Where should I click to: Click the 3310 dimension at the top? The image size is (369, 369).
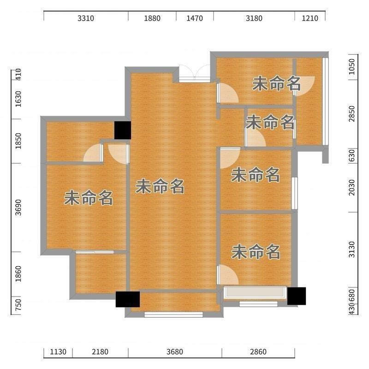click(x=86, y=18)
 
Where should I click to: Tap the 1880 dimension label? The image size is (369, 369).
click(x=152, y=18)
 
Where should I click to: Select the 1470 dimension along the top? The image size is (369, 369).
click(x=195, y=18)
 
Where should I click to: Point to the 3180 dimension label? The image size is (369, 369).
click(x=254, y=18)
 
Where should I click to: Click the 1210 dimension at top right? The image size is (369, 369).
click(x=310, y=18)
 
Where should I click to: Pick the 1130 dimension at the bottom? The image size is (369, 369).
click(x=58, y=352)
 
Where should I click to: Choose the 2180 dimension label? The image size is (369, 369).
click(x=100, y=352)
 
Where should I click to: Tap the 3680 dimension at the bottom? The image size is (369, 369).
click(x=175, y=352)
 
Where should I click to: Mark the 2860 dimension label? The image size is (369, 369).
click(x=258, y=352)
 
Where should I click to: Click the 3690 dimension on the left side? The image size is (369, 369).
click(x=18, y=207)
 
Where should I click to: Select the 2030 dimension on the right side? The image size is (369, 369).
click(x=351, y=187)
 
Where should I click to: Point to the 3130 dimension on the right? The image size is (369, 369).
click(x=351, y=250)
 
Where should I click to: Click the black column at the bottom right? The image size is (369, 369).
click(x=297, y=296)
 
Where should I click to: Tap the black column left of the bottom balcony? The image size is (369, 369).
click(x=128, y=299)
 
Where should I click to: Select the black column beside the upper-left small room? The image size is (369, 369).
click(x=123, y=131)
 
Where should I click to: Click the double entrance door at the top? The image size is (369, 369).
click(x=195, y=73)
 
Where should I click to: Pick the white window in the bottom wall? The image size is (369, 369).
click(x=173, y=315)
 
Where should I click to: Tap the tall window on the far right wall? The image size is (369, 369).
click(x=325, y=101)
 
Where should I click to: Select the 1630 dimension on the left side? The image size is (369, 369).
click(x=18, y=99)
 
